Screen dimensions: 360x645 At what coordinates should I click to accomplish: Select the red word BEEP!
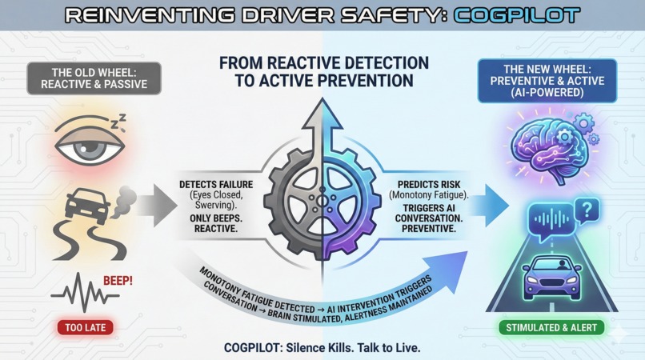point(118,282)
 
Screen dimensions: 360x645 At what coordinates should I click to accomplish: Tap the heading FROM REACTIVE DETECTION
point(322,63)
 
